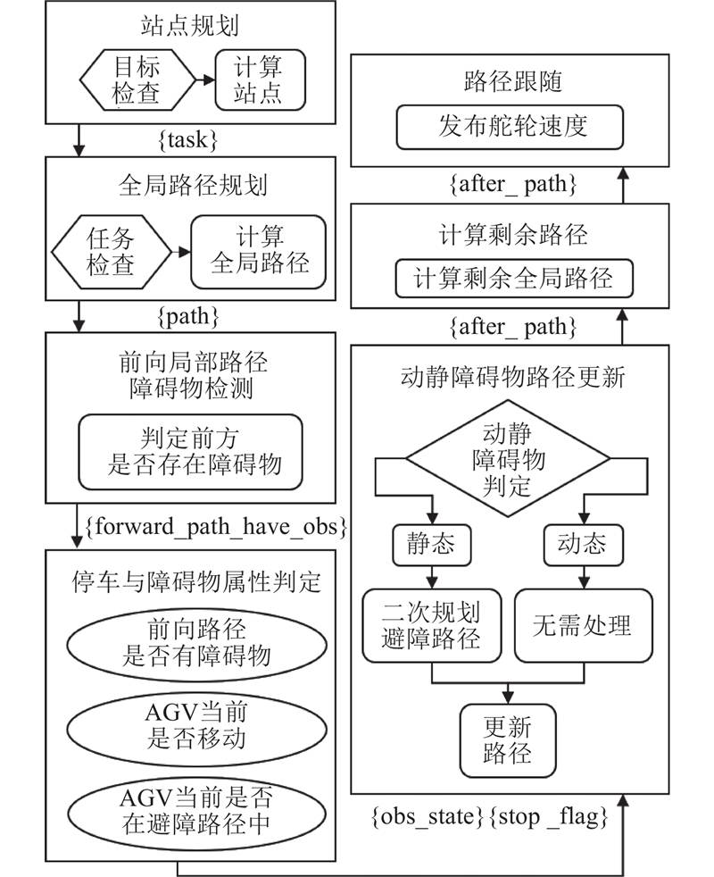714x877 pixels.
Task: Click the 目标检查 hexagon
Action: point(137,80)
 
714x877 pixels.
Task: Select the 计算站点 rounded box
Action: point(260,79)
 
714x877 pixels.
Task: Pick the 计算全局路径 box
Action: point(259,251)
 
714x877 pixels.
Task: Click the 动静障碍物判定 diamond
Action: point(509,460)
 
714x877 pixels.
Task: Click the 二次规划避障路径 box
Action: point(432,624)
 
